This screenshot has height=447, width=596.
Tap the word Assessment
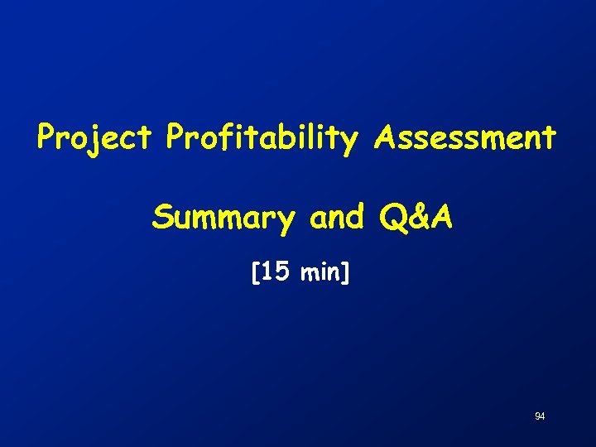464,137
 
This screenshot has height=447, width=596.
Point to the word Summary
223,219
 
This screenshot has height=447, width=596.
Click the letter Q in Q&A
393,219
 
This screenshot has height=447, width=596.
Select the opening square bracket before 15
254,272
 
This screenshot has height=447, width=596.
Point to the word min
320,272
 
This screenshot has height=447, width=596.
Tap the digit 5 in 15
281,272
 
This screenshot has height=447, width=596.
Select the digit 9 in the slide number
537,416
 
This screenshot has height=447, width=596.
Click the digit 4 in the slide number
542,416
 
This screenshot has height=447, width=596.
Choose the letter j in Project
89,140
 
